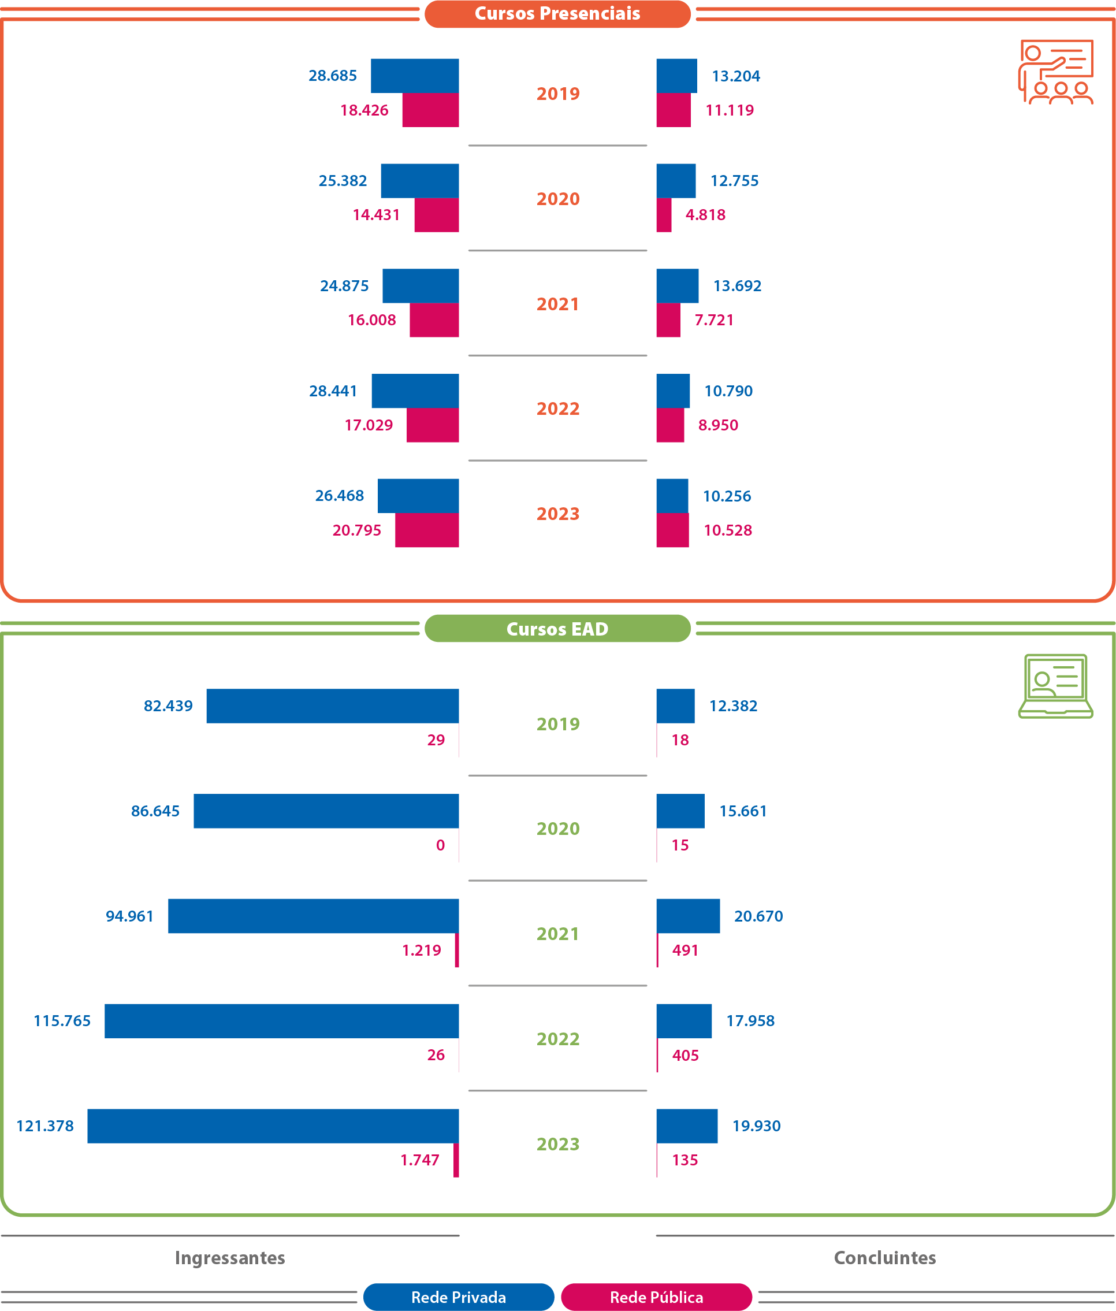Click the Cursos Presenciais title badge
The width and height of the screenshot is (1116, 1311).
(x=557, y=14)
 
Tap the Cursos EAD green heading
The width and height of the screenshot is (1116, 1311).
(x=557, y=628)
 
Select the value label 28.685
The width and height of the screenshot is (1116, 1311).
(x=332, y=76)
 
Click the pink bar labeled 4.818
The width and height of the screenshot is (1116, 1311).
(x=664, y=215)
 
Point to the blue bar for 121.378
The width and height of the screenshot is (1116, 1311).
(x=273, y=1126)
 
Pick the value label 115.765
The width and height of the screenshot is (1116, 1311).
(x=62, y=1020)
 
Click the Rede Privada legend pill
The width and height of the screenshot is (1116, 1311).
(x=458, y=1297)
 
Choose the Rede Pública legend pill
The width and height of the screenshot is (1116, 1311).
(x=656, y=1297)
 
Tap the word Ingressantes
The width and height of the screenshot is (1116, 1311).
(x=230, y=1257)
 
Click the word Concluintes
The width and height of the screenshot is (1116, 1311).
(x=884, y=1257)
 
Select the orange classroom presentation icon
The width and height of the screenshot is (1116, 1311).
(x=1055, y=72)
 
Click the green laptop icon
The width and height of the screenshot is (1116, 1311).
(x=1055, y=686)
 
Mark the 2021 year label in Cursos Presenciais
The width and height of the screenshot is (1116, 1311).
(x=557, y=304)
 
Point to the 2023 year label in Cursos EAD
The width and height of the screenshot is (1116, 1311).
(x=557, y=1144)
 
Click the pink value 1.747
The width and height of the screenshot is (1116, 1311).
(x=419, y=1160)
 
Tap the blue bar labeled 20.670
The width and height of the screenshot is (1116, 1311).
(x=688, y=916)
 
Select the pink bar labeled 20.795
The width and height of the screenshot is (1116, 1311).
(x=426, y=530)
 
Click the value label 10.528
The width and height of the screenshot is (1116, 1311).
(x=728, y=530)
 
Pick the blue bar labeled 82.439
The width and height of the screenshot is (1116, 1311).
(x=332, y=705)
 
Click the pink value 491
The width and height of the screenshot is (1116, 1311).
(x=685, y=950)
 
